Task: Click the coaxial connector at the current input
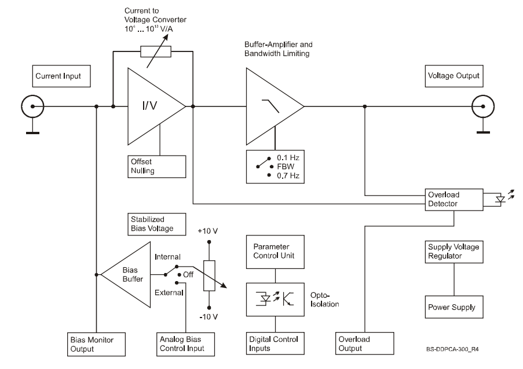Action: (32, 106)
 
